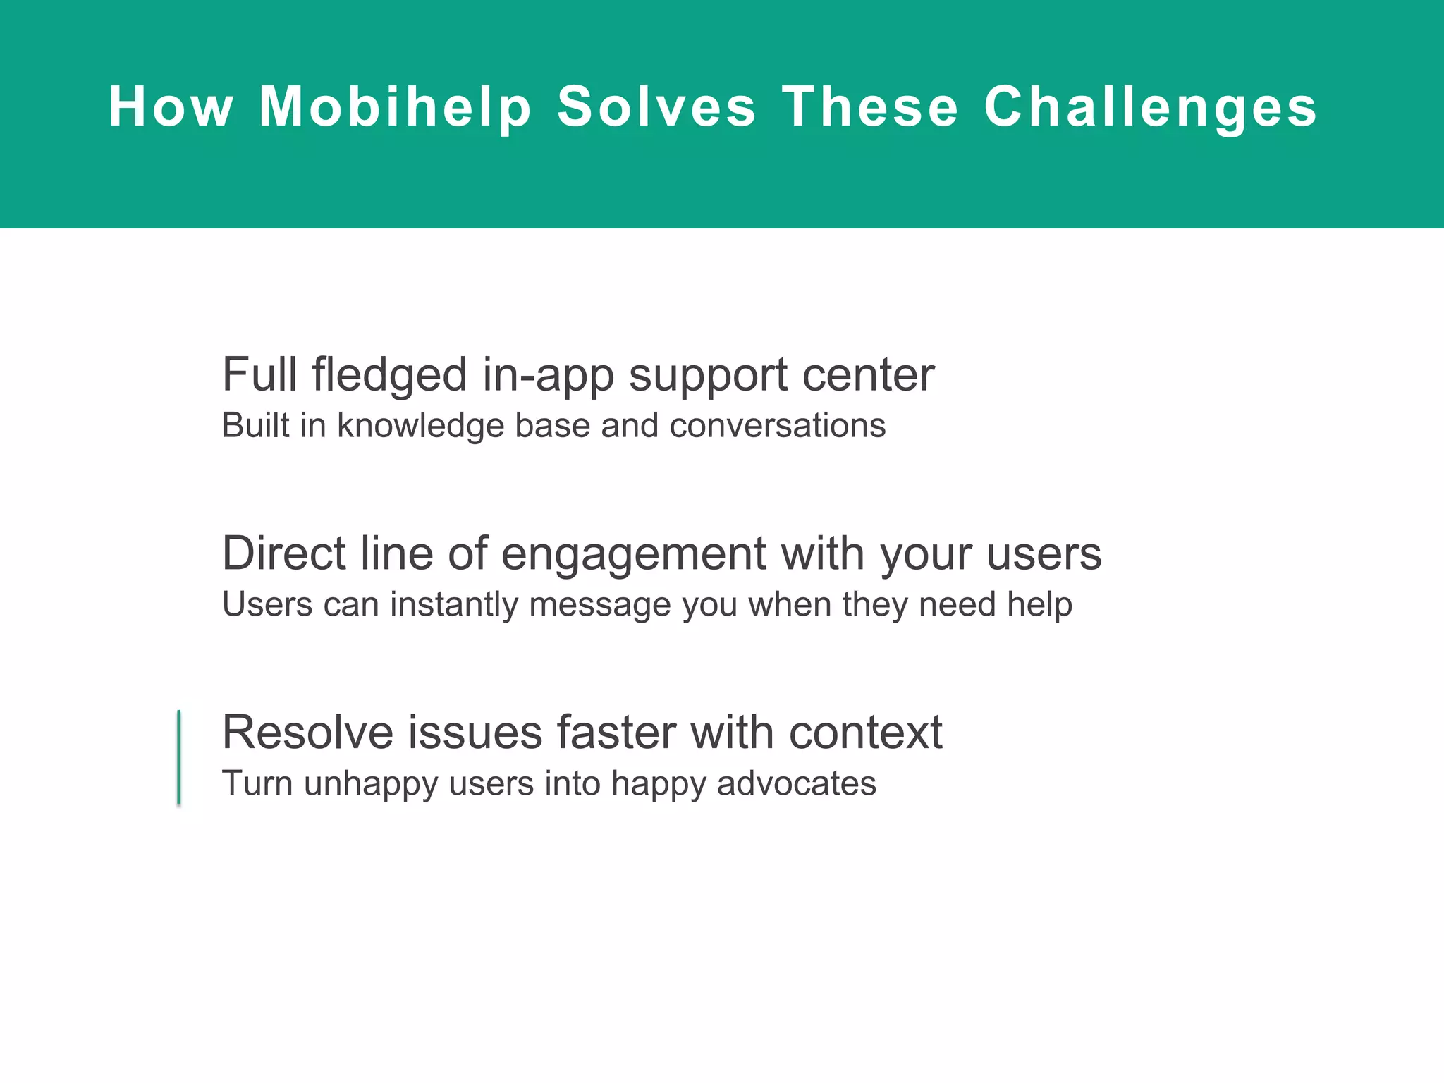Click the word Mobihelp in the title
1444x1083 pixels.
[x=395, y=107]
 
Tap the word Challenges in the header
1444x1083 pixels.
[x=1150, y=107]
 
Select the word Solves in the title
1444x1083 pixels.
[x=656, y=107]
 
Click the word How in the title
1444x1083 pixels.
[x=171, y=107]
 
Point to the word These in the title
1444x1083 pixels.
[x=870, y=107]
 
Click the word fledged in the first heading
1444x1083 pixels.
[x=389, y=375]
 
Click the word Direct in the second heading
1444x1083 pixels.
[x=283, y=553]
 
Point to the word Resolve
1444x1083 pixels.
[x=307, y=732]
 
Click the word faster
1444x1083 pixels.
[x=616, y=732]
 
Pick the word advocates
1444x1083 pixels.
[x=796, y=783]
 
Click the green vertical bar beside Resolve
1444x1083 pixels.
[x=179, y=757]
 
